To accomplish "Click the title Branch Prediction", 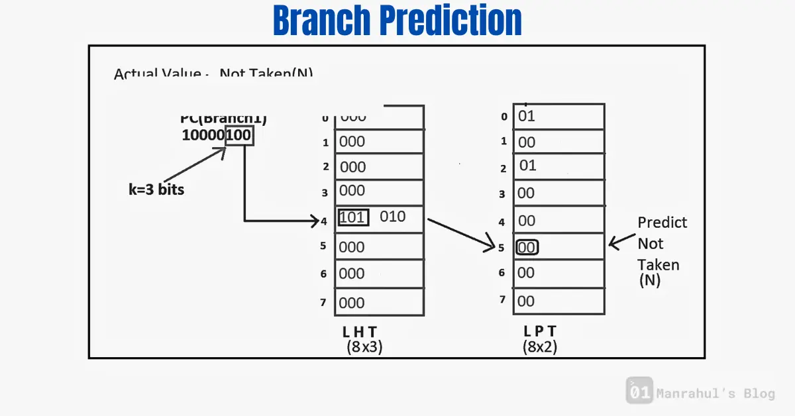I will tap(397, 21).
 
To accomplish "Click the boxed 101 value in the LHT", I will tap(353, 217).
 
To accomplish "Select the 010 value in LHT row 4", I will tap(392, 217).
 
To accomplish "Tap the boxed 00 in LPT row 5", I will tap(527, 247).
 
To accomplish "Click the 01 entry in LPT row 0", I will tap(527, 117).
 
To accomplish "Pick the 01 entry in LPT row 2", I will tap(527, 166).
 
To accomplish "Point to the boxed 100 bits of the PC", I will tap(239, 136).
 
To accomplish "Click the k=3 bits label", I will tap(156, 189).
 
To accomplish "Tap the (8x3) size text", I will tap(364, 346).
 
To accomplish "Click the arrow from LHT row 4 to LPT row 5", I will tap(460, 233).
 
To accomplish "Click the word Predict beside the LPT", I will tap(662, 223).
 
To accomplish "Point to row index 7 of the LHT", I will tap(323, 302).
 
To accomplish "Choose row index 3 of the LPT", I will tap(503, 194).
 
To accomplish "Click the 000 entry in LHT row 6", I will tap(352, 274).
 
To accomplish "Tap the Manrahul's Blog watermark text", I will tap(715, 394).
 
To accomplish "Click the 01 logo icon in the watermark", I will tap(639, 391).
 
